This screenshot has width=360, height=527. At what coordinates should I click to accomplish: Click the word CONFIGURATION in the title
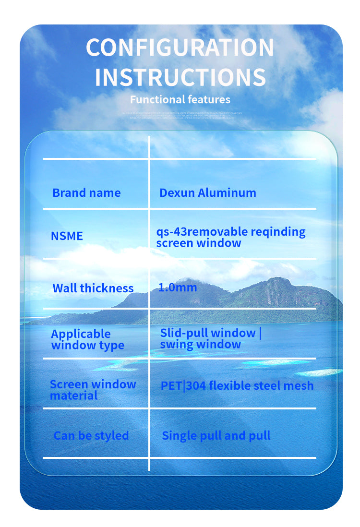180,48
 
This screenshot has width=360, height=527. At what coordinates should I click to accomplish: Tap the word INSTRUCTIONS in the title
180,78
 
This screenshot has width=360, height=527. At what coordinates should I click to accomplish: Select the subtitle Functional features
180,100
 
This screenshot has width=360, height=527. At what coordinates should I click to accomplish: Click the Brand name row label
86,193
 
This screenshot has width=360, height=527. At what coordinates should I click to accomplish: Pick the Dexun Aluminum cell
208,193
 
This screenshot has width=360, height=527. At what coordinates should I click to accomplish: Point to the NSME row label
67,236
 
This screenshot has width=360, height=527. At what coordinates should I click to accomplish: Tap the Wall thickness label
93,288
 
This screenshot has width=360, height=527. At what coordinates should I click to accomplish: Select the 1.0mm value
178,287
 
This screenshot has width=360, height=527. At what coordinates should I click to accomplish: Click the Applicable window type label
87,340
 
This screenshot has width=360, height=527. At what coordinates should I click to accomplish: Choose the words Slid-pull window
208,333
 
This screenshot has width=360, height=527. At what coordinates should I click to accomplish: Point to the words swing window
201,345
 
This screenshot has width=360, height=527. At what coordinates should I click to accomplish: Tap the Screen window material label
93,390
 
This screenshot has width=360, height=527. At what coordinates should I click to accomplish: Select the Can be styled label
91,436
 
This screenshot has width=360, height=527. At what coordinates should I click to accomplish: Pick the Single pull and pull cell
216,436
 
